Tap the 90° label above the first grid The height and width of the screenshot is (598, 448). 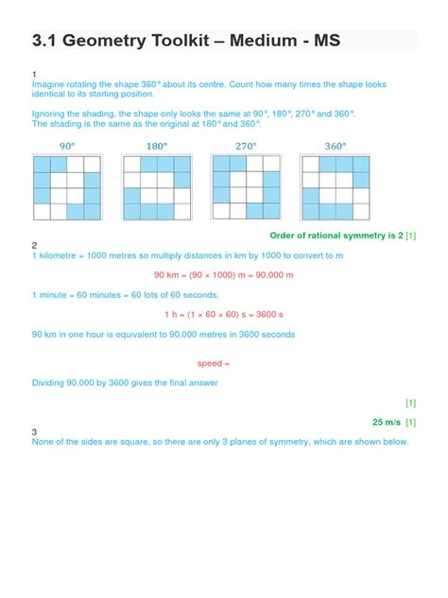point(67,147)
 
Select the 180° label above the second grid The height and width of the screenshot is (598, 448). point(156,147)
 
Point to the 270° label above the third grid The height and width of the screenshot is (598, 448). point(246,147)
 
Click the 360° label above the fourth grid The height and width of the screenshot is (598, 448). point(335,147)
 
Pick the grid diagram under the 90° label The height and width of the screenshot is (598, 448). point(67,187)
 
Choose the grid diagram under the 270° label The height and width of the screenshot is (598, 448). point(246,187)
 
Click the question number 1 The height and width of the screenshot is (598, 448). point(34,74)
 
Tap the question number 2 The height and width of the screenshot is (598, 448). point(34,245)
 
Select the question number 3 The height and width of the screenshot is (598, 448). point(34,431)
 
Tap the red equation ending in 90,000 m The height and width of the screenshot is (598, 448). point(224,275)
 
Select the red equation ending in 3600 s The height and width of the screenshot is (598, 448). point(224,314)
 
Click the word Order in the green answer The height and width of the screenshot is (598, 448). point(284,235)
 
